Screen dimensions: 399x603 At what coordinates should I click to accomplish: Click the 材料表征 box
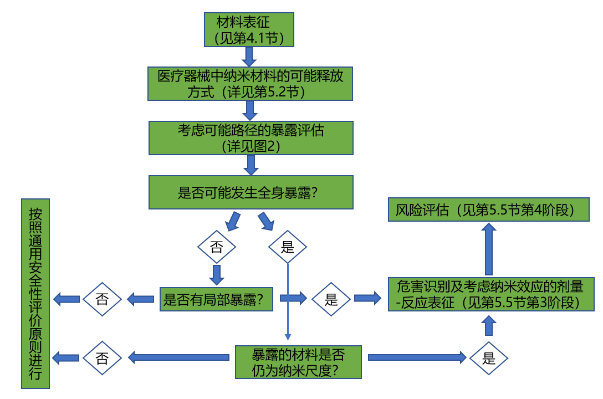tap(248, 29)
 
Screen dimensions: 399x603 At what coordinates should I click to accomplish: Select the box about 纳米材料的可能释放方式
tap(251, 84)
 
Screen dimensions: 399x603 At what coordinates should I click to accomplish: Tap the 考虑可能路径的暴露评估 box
tap(251, 137)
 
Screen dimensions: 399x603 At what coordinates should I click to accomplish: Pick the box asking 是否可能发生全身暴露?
tap(251, 192)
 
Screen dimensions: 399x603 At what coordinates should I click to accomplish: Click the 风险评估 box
tap(488, 210)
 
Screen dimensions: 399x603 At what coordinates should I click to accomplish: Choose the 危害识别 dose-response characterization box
tap(490, 294)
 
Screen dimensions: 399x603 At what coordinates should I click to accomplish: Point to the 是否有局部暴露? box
tap(216, 299)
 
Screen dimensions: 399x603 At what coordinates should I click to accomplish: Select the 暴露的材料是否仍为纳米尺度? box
tap(298, 362)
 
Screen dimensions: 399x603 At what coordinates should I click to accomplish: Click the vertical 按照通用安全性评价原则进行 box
tap(35, 293)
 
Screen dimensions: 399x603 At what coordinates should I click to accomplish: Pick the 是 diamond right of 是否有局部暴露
tap(331, 300)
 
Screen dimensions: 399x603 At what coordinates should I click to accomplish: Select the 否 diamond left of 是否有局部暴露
tap(103, 300)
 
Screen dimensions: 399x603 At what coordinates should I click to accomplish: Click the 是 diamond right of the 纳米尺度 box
tap(489, 358)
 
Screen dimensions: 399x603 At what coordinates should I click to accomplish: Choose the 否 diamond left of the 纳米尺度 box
tap(103, 357)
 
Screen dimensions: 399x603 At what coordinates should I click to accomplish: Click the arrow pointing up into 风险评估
tap(488, 249)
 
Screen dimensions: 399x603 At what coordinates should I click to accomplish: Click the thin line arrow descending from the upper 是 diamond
tap(288, 302)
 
